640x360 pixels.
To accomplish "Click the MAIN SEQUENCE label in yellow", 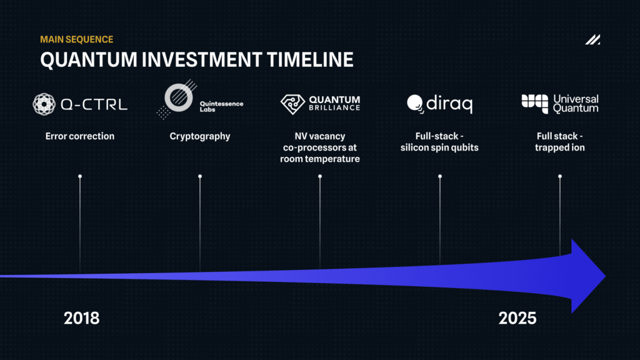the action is click(x=77, y=39).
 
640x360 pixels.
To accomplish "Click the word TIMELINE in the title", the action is click(x=310, y=59).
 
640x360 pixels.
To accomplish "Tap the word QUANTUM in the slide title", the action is click(x=89, y=59).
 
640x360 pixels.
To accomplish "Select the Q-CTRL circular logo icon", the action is click(x=44, y=104).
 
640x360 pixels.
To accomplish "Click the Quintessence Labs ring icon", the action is click(x=178, y=97).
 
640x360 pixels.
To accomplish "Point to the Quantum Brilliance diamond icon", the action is click(x=292, y=104).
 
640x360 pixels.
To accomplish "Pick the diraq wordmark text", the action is click(x=449, y=104).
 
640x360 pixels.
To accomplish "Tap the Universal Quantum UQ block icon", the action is click(x=535, y=104).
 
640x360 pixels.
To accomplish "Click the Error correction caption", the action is click(x=80, y=136).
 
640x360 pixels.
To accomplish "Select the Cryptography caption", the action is click(x=200, y=136).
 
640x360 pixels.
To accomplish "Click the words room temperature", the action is click(x=320, y=159).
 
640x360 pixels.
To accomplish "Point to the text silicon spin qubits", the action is click(x=439, y=147).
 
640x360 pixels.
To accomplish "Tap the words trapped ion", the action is click(x=560, y=147).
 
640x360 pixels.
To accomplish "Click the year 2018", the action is click(x=82, y=318).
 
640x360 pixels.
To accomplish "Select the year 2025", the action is click(x=517, y=318).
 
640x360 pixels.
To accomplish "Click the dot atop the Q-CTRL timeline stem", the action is click(x=80, y=176).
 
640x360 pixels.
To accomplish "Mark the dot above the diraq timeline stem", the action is click(x=440, y=176).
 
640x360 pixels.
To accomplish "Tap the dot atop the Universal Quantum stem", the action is click(x=560, y=176).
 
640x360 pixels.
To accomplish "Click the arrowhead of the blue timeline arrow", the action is click(x=587, y=276).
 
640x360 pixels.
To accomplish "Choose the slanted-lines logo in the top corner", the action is click(x=592, y=39).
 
